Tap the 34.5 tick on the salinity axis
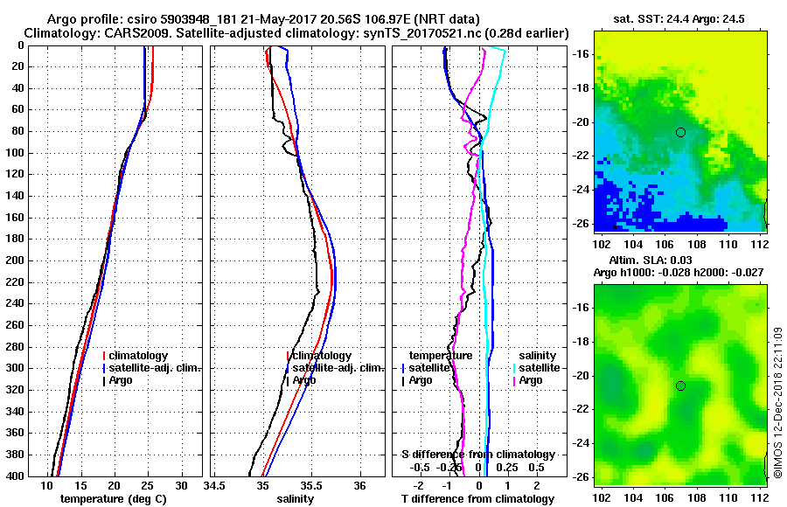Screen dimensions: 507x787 (214, 485)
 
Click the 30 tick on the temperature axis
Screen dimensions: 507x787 (181, 485)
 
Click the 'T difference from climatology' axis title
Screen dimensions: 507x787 (477, 499)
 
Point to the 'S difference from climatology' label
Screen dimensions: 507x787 (477, 455)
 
